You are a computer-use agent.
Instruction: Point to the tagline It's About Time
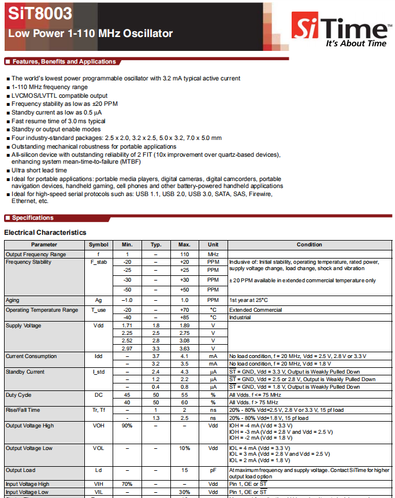356,43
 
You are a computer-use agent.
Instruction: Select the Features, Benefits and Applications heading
64,62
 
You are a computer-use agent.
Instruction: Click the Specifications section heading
32,218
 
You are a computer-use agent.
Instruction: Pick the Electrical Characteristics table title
45,233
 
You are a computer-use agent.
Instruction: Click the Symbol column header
98,245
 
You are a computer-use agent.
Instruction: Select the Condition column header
309,245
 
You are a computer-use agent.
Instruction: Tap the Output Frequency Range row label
36,254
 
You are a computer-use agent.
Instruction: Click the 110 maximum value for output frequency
184,254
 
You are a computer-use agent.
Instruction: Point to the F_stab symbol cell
98,262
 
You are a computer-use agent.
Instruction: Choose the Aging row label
13,300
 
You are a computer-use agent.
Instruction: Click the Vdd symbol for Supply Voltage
98,326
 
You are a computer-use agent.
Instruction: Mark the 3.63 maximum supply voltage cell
184,348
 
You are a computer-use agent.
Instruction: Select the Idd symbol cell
98,356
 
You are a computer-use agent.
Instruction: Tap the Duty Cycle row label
18,394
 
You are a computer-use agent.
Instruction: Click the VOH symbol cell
98,425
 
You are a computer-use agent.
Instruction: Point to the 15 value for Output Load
184,470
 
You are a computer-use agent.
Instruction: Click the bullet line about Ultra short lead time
39,171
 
